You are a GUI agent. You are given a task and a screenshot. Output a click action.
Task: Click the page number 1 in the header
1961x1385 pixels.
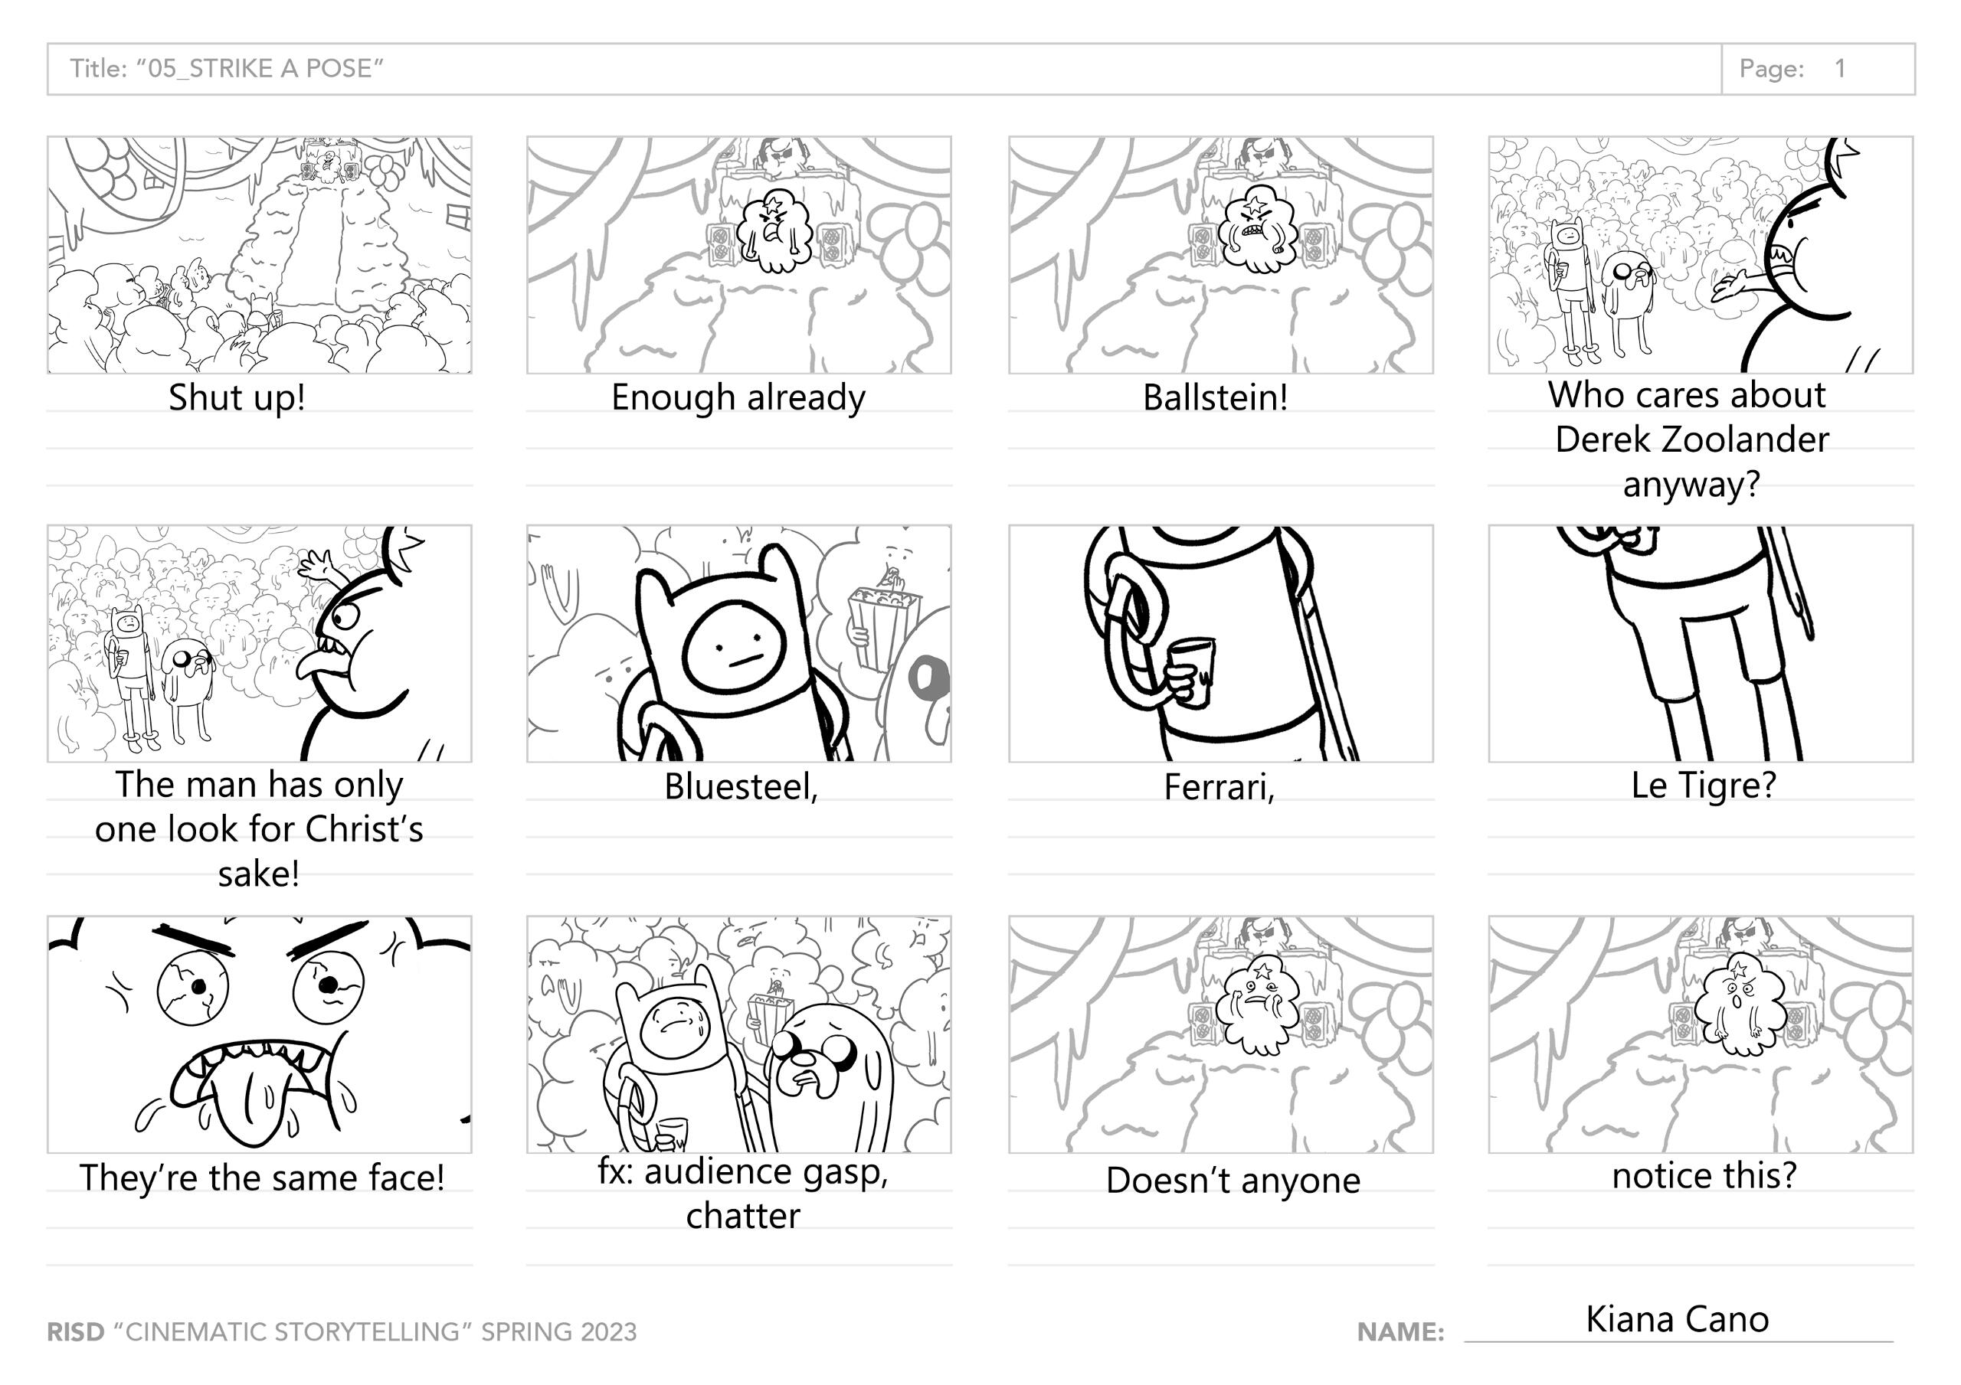[1840, 68]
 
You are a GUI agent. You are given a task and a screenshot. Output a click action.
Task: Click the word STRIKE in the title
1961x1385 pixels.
[230, 68]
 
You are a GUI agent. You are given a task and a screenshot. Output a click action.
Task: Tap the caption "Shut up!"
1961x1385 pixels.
[237, 398]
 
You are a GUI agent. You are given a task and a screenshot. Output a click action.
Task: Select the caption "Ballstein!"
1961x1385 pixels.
[1216, 397]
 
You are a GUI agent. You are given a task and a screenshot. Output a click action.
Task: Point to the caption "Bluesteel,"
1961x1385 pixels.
[742, 786]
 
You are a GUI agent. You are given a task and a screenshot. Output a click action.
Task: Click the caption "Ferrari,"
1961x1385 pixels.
[1219, 786]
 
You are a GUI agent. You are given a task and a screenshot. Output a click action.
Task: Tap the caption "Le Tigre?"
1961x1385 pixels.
[1703, 785]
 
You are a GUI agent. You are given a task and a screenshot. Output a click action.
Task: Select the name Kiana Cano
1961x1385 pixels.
[1678, 1319]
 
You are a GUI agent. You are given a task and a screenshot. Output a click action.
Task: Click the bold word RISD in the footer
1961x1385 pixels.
[75, 1332]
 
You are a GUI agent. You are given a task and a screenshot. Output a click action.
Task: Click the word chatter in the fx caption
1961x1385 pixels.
[743, 1216]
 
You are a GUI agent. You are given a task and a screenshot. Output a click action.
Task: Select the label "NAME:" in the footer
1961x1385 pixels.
[1401, 1332]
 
